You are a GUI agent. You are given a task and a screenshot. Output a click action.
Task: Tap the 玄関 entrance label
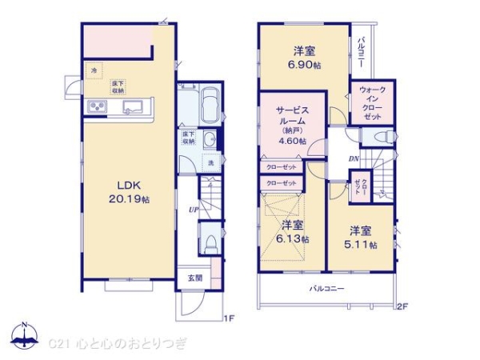tap(195, 278)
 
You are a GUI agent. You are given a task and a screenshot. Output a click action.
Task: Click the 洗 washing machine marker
tap(210, 163)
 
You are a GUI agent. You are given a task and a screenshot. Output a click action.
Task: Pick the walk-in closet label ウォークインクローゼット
tap(372, 102)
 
